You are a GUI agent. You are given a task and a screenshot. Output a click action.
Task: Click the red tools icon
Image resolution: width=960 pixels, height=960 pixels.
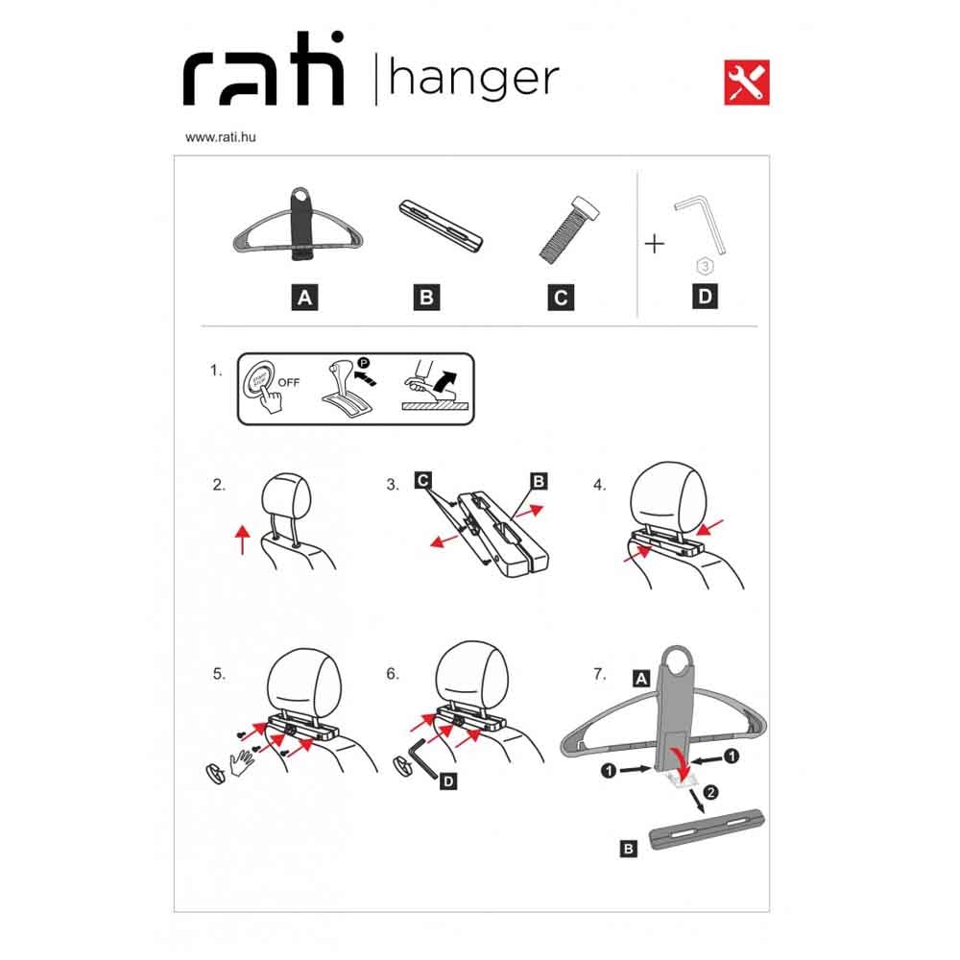(x=746, y=83)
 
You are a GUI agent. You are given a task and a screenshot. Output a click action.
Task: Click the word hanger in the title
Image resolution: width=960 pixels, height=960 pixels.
(x=474, y=79)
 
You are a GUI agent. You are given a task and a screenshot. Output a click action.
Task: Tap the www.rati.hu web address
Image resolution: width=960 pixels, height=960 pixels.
(x=221, y=137)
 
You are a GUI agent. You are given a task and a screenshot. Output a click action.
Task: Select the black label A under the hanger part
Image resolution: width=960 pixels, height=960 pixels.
(x=304, y=298)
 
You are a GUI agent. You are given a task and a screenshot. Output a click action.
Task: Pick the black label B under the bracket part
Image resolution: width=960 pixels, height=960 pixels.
(x=426, y=298)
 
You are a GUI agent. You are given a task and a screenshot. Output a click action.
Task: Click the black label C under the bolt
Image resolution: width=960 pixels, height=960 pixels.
(x=561, y=298)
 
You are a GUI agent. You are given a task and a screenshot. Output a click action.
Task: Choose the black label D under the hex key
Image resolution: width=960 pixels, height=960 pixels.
(x=705, y=297)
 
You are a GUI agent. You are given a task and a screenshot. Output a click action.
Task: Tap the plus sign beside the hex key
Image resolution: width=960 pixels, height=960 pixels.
(x=655, y=244)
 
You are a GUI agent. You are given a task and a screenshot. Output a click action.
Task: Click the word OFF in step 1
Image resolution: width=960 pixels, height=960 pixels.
(x=289, y=383)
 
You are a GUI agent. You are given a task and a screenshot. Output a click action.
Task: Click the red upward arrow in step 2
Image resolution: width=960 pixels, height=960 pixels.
(x=243, y=540)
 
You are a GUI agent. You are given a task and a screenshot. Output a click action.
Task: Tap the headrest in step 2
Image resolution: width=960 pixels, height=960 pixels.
(x=286, y=496)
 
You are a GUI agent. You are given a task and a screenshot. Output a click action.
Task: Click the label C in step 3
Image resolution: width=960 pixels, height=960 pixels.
(x=422, y=480)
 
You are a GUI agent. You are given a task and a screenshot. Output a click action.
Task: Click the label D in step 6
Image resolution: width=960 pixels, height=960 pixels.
(x=448, y=781)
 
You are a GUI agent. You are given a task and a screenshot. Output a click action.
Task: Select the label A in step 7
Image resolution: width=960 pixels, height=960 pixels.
(x=641, y=679)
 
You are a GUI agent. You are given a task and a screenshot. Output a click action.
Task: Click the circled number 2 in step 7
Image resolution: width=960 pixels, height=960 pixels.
(x=710, y=793)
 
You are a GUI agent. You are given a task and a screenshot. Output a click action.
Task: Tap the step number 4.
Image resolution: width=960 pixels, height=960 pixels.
(x=599, y=485)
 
